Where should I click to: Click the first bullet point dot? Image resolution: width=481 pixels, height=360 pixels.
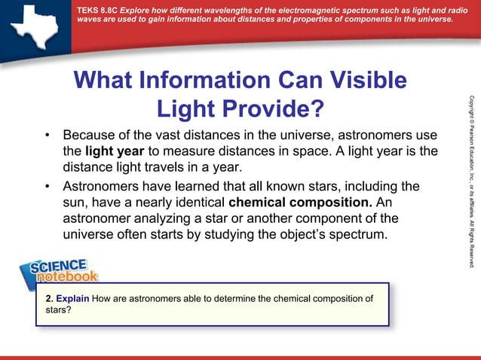pos(47,136)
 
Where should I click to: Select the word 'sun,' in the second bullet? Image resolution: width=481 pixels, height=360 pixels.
pos(75,203)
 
